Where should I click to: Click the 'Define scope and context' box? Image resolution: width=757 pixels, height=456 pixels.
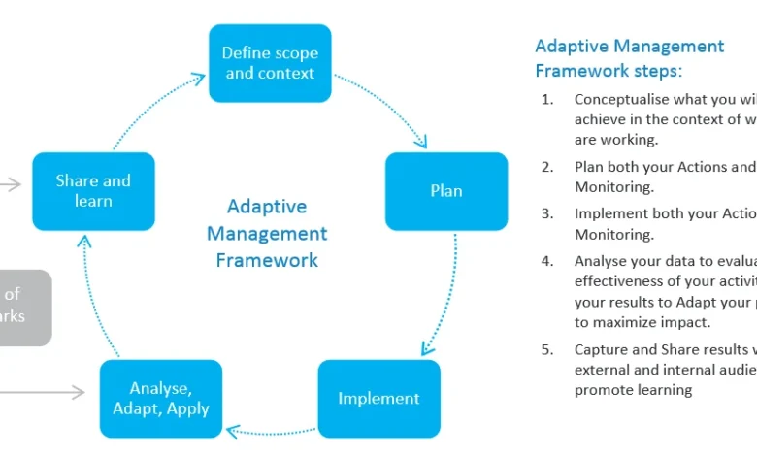(x=270, y=63)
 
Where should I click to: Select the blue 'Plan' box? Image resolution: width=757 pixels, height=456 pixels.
(x=446, y=191)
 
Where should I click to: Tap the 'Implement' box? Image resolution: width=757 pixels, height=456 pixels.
(x=378, y=398)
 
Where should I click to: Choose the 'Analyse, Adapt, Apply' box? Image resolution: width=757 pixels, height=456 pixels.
(x=161, y=398)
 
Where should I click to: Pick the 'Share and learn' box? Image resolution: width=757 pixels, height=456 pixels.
(x=93, y=191)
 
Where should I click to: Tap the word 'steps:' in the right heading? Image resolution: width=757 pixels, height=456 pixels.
(x=654, y=71)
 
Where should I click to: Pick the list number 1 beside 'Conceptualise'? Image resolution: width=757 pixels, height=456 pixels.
(x=547, y=99)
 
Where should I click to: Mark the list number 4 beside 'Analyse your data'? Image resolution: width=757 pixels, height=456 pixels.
(x=547, y=261)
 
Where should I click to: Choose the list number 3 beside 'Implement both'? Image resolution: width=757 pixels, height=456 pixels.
(x=547, y=214)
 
